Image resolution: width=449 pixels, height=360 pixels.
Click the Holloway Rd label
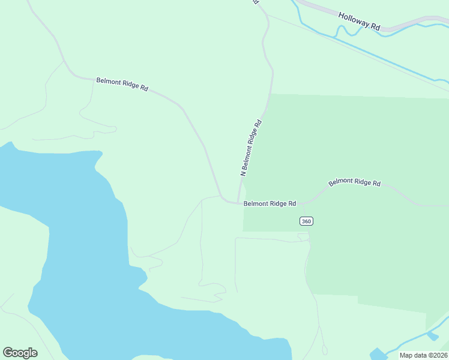[x=359, y=22]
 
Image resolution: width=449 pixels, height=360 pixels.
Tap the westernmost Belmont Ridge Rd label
[x=122, y=84]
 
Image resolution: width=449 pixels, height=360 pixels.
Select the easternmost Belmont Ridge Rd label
[x=354, y=182]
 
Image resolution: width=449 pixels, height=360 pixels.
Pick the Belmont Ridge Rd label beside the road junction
[x=270, y=203]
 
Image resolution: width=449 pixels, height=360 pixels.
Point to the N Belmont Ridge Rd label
[x=252, y=148]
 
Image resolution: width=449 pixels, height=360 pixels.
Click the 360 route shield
[x=306, y=221]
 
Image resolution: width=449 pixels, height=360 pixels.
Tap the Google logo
[x=20, y=353]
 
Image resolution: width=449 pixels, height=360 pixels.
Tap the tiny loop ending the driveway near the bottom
[x=325, y=350]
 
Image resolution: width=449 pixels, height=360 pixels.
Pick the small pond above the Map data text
[x=433, y=335]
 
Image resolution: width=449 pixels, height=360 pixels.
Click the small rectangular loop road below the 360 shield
[x=303, y=237]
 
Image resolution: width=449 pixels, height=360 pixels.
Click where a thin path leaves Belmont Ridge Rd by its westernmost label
[x=93, y=81]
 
